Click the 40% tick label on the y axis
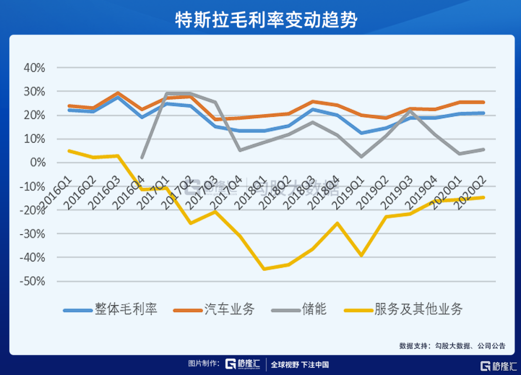pyautogui.click(x=34, y=68)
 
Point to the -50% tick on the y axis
pyautogui.click(x=32, y=281)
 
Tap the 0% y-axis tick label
pyautogui.click(x=38, y=163)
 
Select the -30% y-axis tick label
pyautogui.click(x=32, y=234)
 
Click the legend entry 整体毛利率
pyautogui.click(x=126, y=309)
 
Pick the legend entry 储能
pyautogui.click(x=314, y=309)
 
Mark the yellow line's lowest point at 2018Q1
pyautogui.click(x=264, y=269)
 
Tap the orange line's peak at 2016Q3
pyautogui.click(x=118, y=93)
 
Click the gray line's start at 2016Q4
pyautogui.click(x=142, y=157)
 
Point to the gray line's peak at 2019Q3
pyautogui.click(x=410, y=110)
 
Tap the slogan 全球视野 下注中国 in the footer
pyautogui.click(x=300, y=365)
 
